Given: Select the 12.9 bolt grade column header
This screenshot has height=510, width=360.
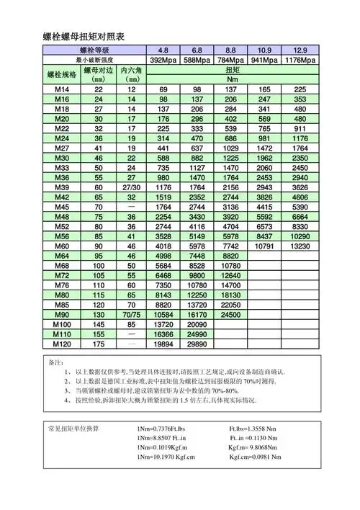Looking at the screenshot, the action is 300,50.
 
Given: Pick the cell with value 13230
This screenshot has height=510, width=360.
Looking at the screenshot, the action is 300,245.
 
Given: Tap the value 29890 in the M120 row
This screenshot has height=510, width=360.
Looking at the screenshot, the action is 197,345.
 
